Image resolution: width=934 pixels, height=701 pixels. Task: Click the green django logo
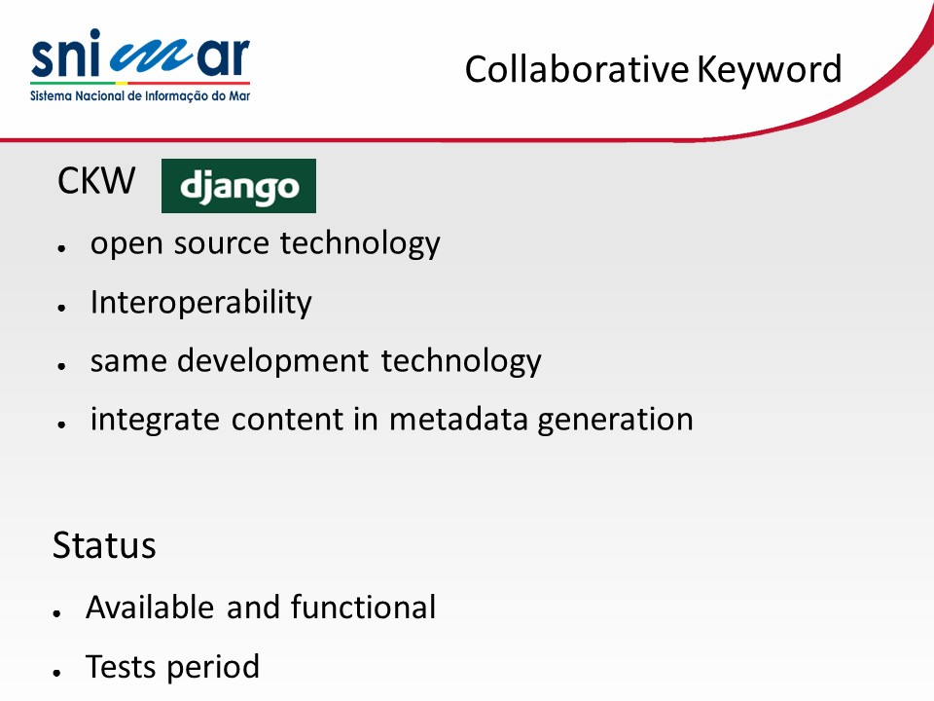239,186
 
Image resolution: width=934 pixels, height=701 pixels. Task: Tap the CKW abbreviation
96,181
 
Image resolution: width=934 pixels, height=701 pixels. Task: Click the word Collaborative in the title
577,69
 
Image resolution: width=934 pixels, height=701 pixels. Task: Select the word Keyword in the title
770,69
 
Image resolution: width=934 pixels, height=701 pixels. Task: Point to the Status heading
104,545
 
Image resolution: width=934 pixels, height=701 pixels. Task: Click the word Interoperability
200,302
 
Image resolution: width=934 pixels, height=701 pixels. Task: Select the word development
272,360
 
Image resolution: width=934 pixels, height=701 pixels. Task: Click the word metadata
458,419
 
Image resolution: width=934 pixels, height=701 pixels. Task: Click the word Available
150,608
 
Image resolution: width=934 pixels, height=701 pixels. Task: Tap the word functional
363,607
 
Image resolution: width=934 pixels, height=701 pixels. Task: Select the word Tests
122,666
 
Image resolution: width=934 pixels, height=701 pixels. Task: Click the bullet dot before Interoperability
61,308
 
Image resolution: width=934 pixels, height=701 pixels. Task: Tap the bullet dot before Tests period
56,673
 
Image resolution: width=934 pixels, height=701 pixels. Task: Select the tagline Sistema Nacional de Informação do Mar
140,96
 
